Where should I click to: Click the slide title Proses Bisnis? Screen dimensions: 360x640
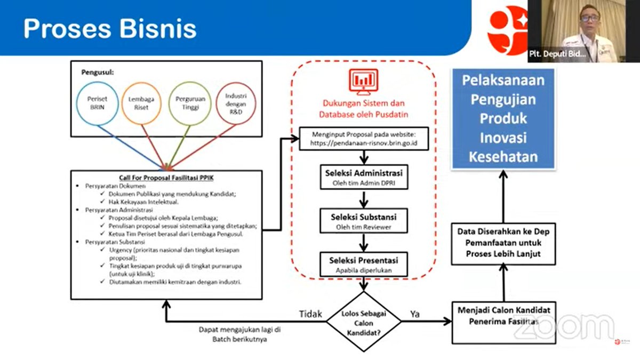(110, 28)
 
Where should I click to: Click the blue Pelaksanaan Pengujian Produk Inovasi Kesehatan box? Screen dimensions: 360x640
(503, 118)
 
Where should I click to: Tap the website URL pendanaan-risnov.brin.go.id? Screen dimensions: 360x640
(364, 143)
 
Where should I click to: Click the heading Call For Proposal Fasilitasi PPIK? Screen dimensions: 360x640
(166, 177)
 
